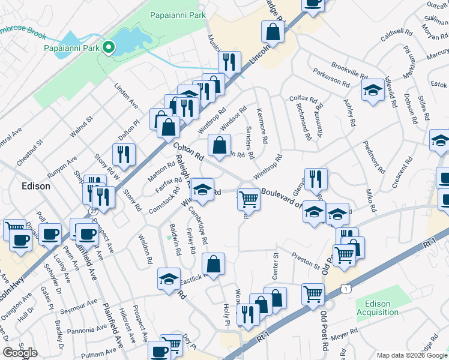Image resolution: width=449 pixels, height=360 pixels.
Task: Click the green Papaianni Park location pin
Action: point(109,47)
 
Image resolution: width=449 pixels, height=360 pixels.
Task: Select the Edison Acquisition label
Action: point(378,308)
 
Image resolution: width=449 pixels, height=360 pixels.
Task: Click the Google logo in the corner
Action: point(20,353)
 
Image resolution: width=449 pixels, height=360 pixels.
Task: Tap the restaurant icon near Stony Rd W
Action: point(124,154)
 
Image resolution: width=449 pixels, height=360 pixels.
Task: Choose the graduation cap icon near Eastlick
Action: point(169,277)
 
